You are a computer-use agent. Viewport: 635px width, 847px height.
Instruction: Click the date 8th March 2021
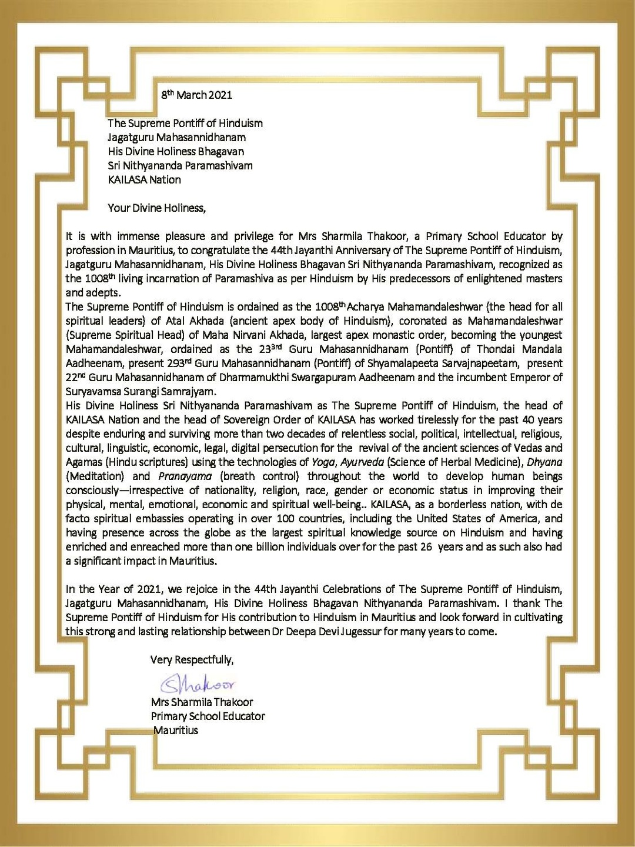point(197,95)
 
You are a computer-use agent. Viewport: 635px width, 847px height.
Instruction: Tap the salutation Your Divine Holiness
point(157,208)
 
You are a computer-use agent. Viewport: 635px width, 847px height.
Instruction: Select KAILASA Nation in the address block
point(144,179)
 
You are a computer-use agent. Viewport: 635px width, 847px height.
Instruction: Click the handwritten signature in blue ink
point(198,683)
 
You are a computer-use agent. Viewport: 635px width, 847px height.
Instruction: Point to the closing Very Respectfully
point(192,659)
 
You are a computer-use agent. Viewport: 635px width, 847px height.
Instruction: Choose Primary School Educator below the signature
point(208,716)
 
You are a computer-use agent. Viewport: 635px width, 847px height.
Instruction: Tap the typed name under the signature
point(202,702)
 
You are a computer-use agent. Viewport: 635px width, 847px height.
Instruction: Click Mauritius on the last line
point(176,730)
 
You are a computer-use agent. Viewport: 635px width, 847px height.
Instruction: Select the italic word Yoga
point(323,462)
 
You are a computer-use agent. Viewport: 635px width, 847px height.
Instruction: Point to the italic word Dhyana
point(544,462)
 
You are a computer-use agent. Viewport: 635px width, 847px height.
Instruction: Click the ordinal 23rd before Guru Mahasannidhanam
point(272,349)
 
